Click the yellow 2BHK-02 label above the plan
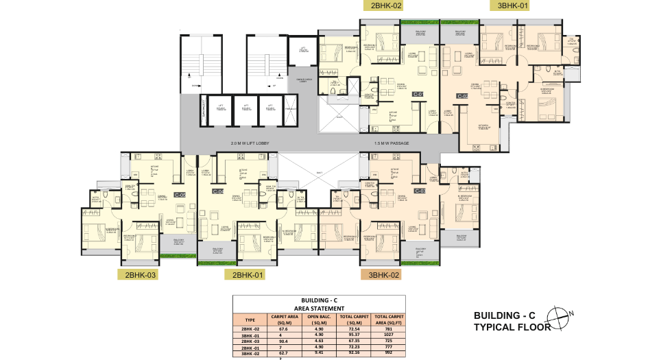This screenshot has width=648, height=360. coord(386,5)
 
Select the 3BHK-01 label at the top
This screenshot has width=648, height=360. coord(514,5)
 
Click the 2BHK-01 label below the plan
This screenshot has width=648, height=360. coord(249,275)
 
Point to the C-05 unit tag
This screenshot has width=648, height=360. coord(180,195)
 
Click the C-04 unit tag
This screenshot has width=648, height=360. coord(217,191)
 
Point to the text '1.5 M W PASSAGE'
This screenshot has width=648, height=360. coord(392,144)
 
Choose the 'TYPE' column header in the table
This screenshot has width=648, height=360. coord(250,320)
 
